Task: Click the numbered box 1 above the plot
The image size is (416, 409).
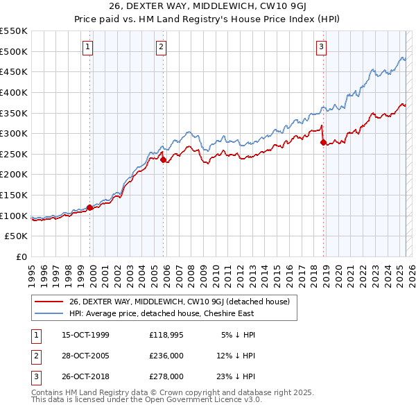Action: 89,47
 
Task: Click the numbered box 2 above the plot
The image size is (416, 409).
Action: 161,47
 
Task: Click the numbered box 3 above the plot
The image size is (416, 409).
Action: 322,47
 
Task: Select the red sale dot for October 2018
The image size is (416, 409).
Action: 323,143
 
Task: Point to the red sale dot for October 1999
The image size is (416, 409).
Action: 90,207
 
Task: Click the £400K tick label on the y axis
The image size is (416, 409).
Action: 14,92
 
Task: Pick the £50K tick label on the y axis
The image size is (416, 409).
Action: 17,236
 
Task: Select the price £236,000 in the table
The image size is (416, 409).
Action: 166,356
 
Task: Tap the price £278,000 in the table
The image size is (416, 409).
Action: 166,376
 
